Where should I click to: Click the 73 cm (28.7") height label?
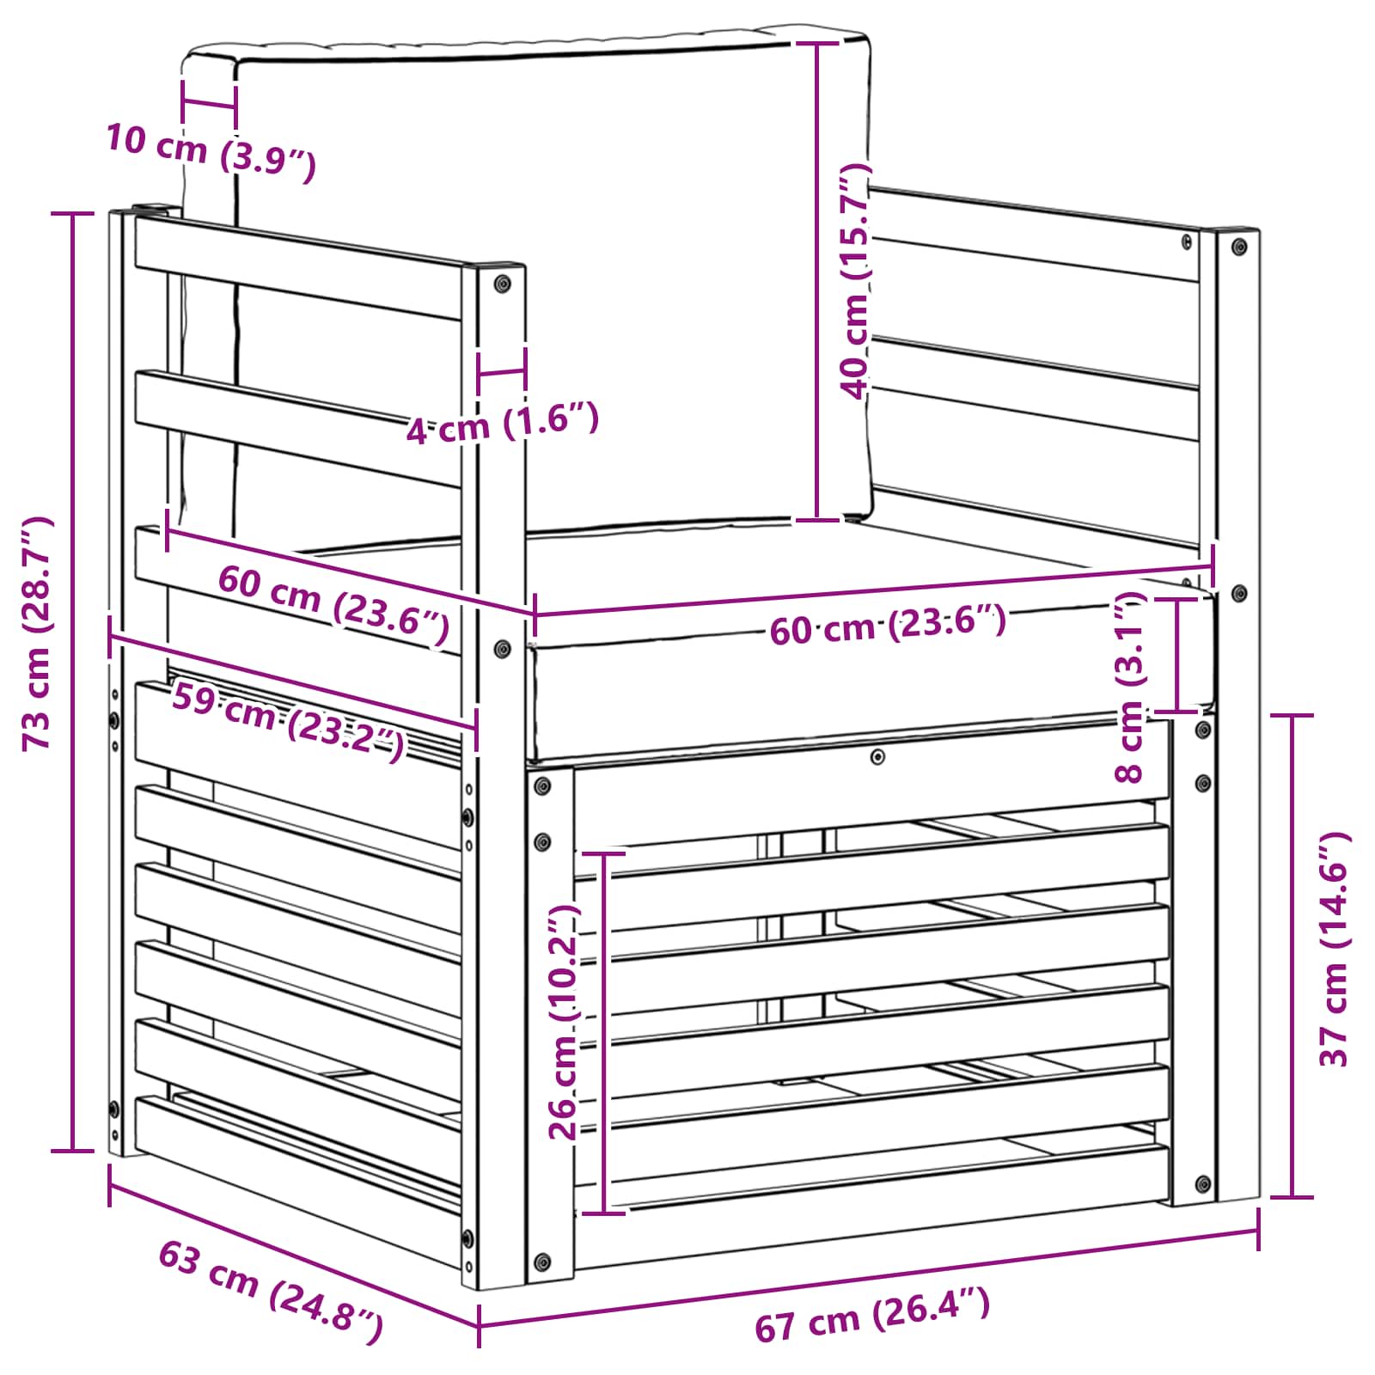(39, 634)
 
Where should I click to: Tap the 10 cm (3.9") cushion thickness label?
(211, 152)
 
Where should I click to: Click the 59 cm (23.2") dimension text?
(288, 720)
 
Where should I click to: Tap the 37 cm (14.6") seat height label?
(1334, 949)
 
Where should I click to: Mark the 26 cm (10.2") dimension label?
(564, 1022)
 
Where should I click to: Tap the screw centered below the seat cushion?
(877, 757)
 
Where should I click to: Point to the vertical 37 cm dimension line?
(1292, 956)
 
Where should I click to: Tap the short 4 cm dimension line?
(502, 373)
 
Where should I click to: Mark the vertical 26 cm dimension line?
(604, 1032)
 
